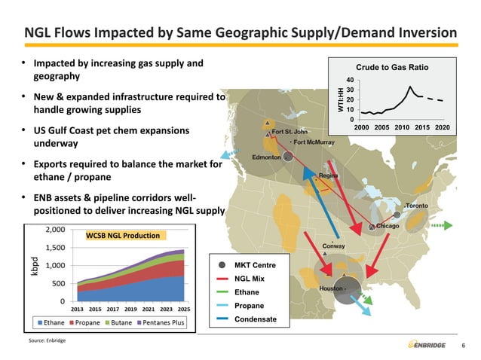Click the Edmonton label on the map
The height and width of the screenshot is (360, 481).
pos(267,157)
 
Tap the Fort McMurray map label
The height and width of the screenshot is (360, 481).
pos(315,142)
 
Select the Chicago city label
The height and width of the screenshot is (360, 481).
pos(387,226)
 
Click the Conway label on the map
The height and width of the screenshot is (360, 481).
pos(334,246)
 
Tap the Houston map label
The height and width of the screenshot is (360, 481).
pos(331,288)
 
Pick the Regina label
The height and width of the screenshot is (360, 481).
pos(328,175)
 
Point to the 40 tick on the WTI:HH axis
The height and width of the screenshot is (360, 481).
pos(351,80)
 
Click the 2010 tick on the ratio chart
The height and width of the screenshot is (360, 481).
pos(402,128)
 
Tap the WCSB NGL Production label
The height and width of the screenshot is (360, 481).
pos(122,236)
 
